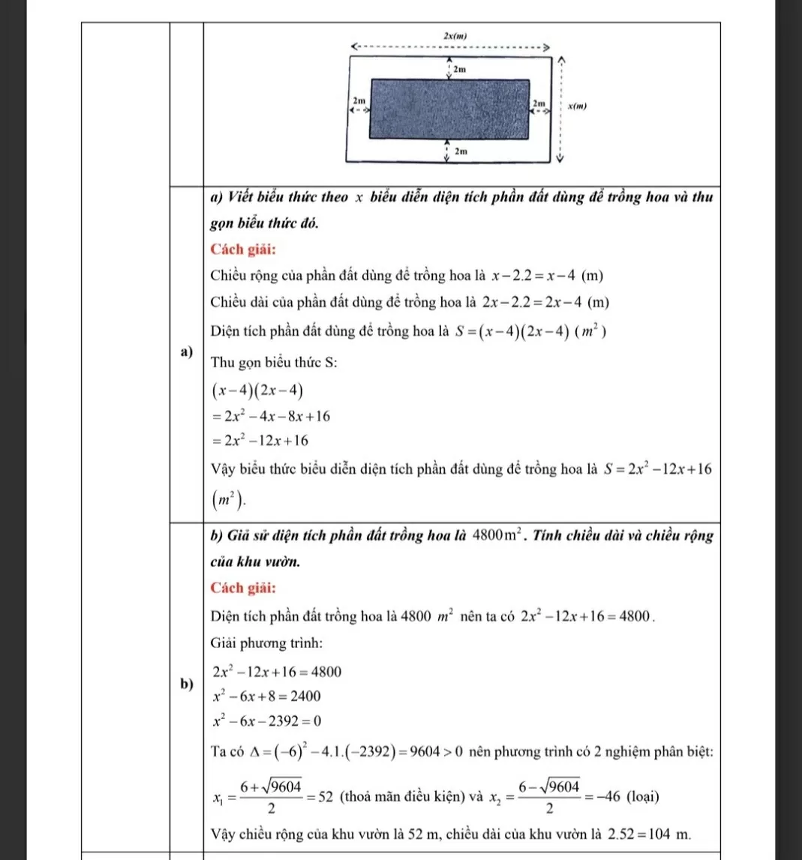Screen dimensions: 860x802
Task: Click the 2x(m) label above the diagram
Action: coord(455,36)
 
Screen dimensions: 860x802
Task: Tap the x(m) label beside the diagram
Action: coord(577,106)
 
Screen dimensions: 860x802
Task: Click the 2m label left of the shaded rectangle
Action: coord(359,100)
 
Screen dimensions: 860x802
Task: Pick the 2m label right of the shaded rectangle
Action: coord(539,101)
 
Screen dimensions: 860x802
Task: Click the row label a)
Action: coord(186,352)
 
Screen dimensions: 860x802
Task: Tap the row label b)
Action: coord(186,683)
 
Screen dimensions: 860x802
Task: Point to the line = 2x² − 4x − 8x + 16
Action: coord(271,415)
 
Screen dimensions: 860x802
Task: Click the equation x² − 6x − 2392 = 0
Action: coord(267,721)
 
